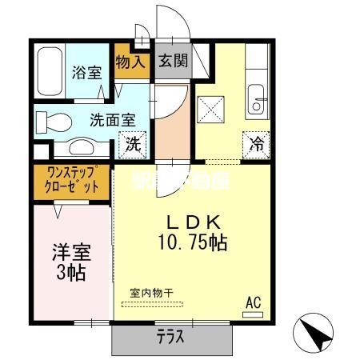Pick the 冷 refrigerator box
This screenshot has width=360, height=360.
(255, 145)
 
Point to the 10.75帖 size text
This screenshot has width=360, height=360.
(192, 242)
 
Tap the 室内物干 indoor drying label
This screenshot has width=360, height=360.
(151, 294)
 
